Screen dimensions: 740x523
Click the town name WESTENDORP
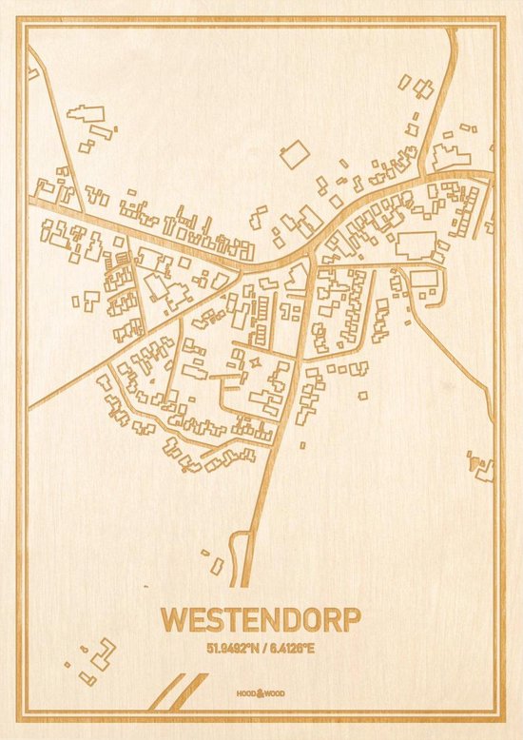pyautogui.click(x=261, y=618)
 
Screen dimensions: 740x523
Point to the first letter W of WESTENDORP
pyautogui.click(x=174, y=618)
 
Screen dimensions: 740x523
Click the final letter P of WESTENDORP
pyautogui.click(x=351, y=618)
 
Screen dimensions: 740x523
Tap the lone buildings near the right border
pyautogui.click(x=482, y=465)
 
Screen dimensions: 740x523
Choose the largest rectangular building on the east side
pyautogui.click(x=416, y=244)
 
